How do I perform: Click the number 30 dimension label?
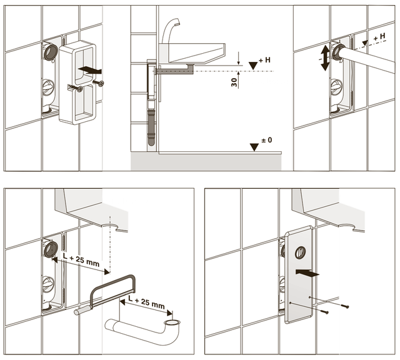click(x=234, y=82)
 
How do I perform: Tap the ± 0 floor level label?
click(x=267, y=140)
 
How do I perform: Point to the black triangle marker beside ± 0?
click(x=254, y=147)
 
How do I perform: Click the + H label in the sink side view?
click(x=264, y=60)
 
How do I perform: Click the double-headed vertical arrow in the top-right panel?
click(x=325, y=57)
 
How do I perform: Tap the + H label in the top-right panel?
click(x=379, y=37)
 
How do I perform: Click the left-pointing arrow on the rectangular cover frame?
click(x=90, y=70)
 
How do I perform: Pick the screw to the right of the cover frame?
click(x=98, y=83)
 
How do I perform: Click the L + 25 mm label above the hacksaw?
click(x=81, y=260)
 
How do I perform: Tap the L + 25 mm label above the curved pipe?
click(x=146, y=302)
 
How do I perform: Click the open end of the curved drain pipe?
click(x=172, y=323)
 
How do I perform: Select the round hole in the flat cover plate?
click(x=300, y=252)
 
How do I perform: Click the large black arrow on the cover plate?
click(x=307, y=272)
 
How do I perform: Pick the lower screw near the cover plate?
click(x=324, y=311)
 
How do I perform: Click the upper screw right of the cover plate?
click(x=344, y=306)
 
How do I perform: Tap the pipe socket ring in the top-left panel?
click(x=51, y=52)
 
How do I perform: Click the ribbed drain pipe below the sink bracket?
click(x=151, y=127)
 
